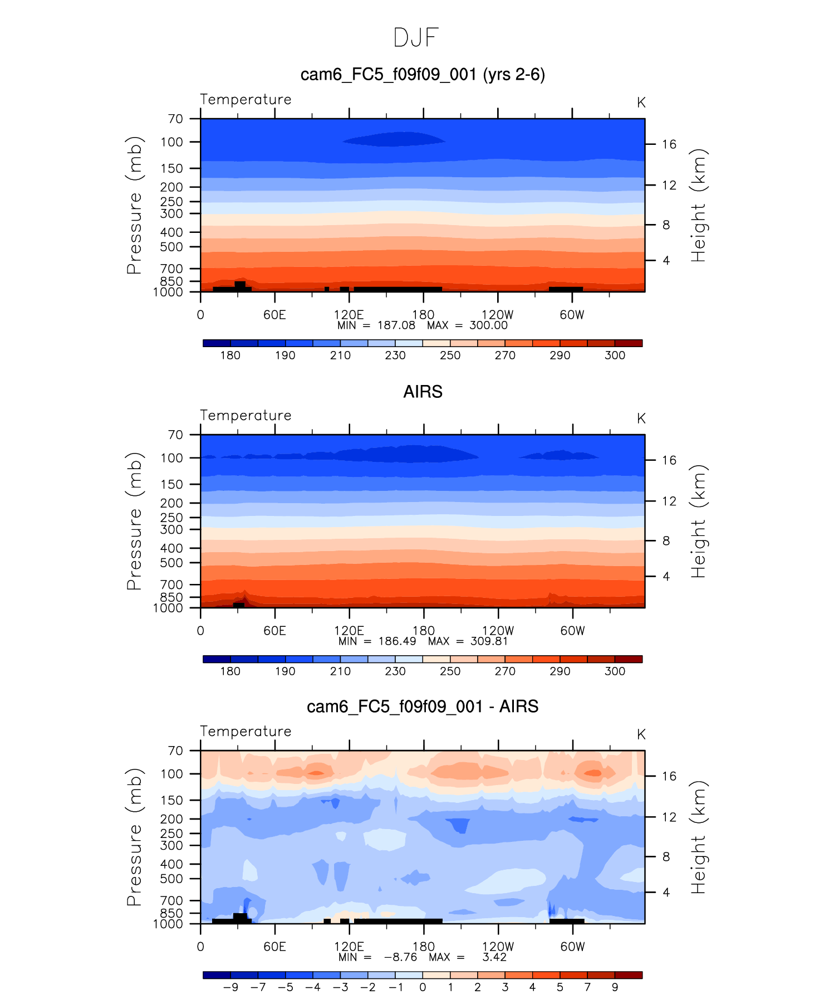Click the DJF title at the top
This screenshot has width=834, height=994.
pyautogui.click(x=416, y=38)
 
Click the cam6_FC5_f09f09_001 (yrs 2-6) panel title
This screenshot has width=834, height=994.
pyautogui.click(x=422, y=75)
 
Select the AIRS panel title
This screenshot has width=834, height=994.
pyautogui.click(x=423, y=392)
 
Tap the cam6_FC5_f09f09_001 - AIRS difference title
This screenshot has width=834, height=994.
pyautogui.click(x=423, y=706)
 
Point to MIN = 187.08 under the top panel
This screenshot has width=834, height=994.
pyautogui.click(x=376, y=325)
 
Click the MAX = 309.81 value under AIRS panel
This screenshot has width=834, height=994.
pyautogui.click(x=468, y=641)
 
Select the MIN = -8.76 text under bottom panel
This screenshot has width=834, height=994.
pyautogui.click(x=377, y=957)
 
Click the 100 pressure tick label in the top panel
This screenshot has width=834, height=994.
pyautogui.click(x=171, y=142)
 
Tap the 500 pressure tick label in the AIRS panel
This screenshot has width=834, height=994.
pyautogui.click(x=171, y=563)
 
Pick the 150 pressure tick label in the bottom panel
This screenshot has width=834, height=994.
pyautogui.click(x=171, y=801)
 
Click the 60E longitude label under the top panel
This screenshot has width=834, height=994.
pyautogui.click(x=274, y=315)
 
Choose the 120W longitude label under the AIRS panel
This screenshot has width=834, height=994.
pyautogui.click(x=498, y=631)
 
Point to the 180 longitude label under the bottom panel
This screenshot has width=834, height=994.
pyautogui.click(x=423, y=947)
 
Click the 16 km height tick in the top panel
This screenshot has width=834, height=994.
pyautogui.click(x=669, y=144)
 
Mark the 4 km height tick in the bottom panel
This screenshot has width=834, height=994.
pyautogui.click(x=666, y=893)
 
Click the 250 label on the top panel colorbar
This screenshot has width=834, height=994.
pyautogui.click(x=450, y=355)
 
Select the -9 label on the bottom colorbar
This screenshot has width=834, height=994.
pyautogui.click(x=230, y=987)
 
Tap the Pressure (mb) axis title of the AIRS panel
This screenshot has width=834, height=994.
pyautogui.click(x=134, y=521)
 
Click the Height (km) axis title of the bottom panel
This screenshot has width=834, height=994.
pyautogui.click(x=698, y=837)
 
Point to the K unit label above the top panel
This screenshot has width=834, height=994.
pyautogui.click(x=641, y=103)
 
